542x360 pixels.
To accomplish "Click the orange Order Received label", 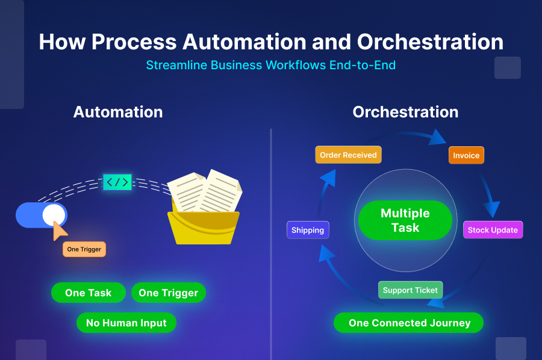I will pyautogui.click(x=348, y=155).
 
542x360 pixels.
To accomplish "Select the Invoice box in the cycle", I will pyautogui.click(x=466, y=155).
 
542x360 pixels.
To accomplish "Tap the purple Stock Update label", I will pyautogui.click(x=493, y=230).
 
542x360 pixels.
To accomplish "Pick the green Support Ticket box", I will pyautogui.click(x=410, y=290).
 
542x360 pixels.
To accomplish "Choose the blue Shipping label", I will pyautogui.click(x=308, y=230).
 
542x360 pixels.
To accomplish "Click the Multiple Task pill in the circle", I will pyautogui.click(x=405, y=220).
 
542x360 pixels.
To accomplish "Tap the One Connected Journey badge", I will pyautogui.click(x=409, y=323).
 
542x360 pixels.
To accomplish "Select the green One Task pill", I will pyautogui.click(x=88, y=293).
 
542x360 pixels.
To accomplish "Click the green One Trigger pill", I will pyautogui.click(x=168, y=293).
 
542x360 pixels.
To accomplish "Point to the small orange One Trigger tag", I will pyautogui.click(x=84, y=249).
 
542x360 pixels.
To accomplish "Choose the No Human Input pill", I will pyautogui.click(x=126, y=323).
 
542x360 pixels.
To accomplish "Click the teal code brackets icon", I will pyautogui.click(x=117, y=182).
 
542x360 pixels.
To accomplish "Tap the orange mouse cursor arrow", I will pyautogui.click(x=60, y=230).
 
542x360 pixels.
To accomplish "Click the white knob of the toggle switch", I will pyautogui.click(x=54, y=215).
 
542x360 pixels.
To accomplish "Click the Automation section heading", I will pyautogui.click(x=118, y=112).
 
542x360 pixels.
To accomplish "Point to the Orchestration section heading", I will pyautogui.click(x=405, y=112).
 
